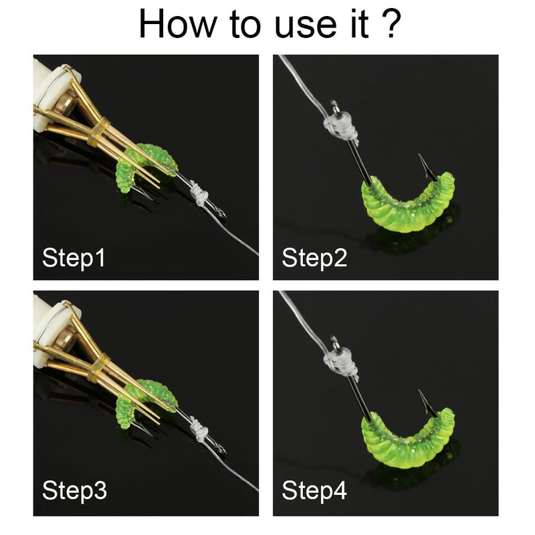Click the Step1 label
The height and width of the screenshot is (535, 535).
point(74,258)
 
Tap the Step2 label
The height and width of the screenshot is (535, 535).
point(314,258)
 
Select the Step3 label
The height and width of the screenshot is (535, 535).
point(74,491)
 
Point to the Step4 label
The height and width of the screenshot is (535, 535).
point(314,491)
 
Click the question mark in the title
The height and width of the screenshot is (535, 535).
point(389,23)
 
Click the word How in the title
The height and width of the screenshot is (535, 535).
point(177,23)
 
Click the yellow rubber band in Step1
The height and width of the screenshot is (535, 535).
point(98,132)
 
